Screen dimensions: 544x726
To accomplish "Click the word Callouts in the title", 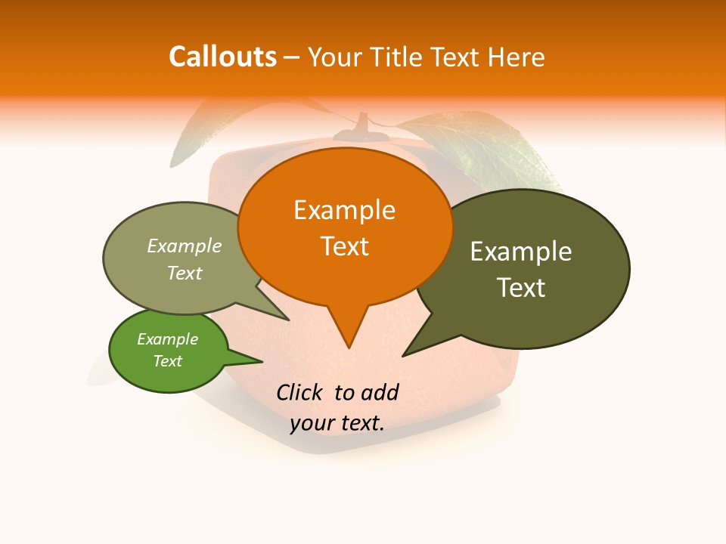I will click(222, 57).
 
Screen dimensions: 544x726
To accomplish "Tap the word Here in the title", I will click(517, 57).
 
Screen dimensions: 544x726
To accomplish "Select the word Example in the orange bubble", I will click(344, 210).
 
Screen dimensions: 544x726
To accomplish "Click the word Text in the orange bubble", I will click(344, 246).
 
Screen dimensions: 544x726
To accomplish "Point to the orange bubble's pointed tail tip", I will click(349, 347).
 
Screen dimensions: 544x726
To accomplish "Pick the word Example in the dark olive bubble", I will click(521, 252).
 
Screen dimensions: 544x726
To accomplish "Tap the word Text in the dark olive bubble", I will click(521, 288).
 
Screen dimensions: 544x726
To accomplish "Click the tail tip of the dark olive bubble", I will click(403, 355).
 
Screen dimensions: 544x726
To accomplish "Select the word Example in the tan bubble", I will click(185, 246).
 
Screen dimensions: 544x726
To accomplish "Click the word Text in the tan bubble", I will click(185, 273).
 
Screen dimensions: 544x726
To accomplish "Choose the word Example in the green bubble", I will click(167, 339).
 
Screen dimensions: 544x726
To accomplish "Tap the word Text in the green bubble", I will click(167, 361).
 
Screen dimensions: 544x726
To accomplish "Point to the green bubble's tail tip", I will click(262, 361).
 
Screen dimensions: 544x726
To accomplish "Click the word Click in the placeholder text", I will click(299, 392).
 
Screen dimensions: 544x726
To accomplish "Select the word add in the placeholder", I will click(379, 392).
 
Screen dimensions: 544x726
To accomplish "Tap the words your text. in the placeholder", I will click(337, 424).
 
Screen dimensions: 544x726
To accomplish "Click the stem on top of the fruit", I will click(363, 125).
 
